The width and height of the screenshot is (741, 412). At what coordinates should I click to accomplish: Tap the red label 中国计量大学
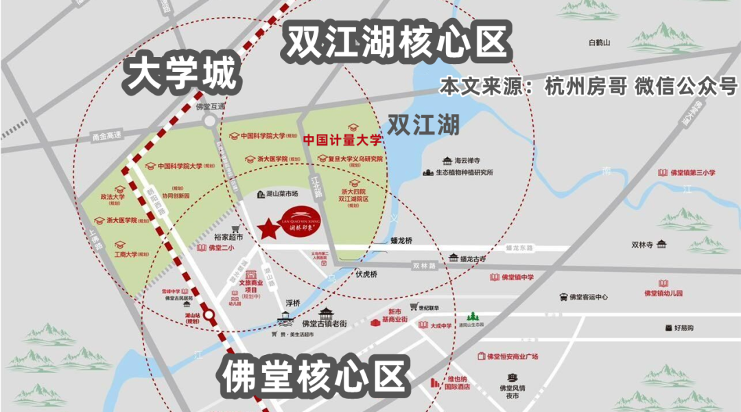click(x=343, y=139)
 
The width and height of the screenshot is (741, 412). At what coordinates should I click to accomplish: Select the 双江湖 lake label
click(x=423, y=125)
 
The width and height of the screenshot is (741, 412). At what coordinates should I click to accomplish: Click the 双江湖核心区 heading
click(x=398, y=43)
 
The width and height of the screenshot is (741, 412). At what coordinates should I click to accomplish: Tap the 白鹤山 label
click(x=599, y=43)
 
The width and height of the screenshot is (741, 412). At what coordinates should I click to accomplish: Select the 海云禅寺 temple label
click(x=470, y=160)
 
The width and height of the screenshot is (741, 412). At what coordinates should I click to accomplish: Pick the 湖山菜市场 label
click(x=282, y=194)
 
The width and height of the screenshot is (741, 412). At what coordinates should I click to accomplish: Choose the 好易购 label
click(x=683, y=328)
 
